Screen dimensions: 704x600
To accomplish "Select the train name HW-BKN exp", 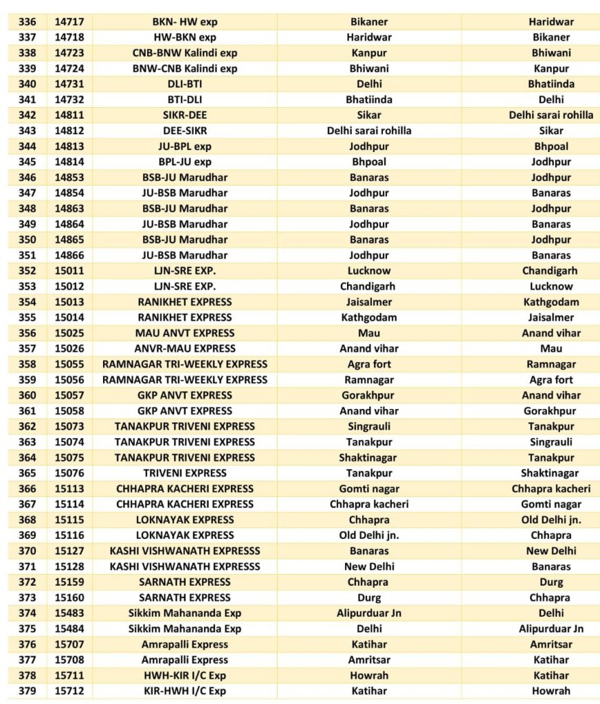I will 184,37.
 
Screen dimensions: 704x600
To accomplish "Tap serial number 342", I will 27,115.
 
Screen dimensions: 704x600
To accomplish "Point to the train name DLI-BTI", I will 184,84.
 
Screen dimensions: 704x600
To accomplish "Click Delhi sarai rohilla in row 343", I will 369,131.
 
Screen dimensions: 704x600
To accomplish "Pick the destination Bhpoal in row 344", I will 551,146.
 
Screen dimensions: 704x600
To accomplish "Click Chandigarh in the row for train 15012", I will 369,286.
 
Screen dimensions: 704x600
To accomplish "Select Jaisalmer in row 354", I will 369,302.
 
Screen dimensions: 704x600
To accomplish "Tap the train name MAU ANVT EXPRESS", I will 184,333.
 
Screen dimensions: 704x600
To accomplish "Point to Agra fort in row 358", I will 369,364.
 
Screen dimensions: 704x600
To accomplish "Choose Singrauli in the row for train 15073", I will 369,426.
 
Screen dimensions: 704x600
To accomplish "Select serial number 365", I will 27,473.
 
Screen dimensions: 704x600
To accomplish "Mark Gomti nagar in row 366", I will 369,489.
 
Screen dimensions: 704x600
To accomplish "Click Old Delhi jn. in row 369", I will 369,535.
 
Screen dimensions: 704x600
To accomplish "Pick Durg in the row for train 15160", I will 369,597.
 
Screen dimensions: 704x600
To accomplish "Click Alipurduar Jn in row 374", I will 369,613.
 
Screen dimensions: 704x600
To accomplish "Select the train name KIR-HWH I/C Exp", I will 184,691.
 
